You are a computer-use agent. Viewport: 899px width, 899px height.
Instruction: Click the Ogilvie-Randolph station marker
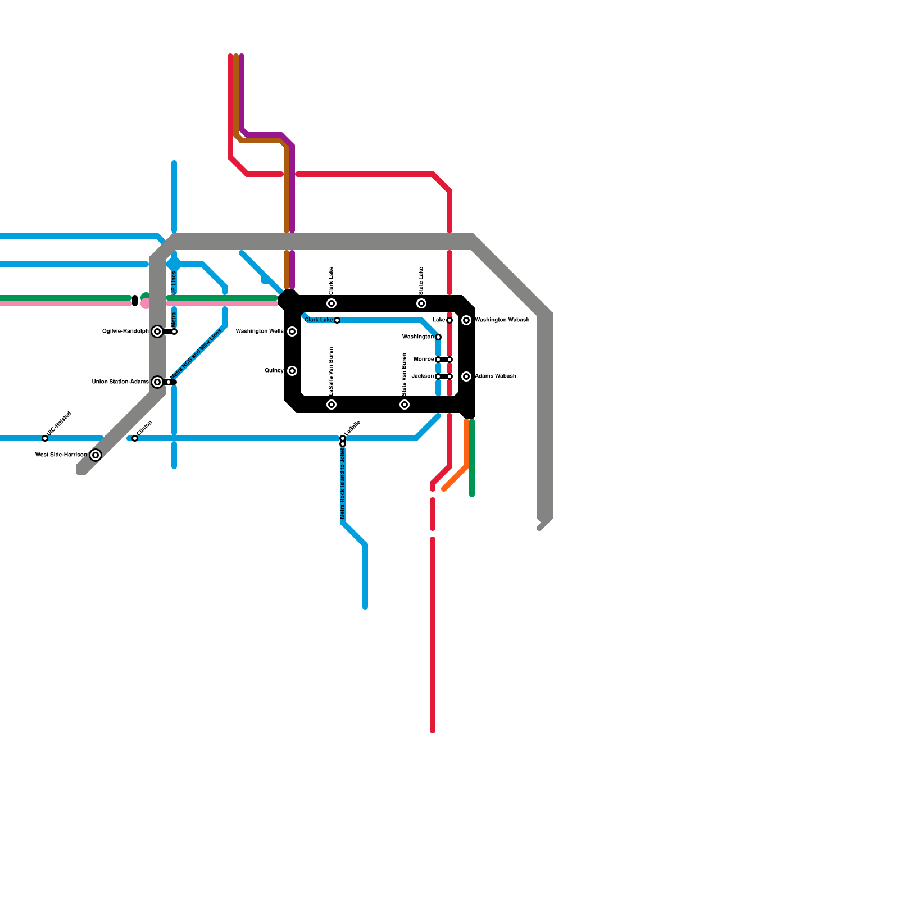157,332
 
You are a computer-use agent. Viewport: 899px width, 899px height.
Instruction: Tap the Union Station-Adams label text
120,382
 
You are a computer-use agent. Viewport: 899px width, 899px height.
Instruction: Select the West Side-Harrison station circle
96,455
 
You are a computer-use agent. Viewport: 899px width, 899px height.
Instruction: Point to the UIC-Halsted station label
59,424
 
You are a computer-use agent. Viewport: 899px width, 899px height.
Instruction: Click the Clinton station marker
135,438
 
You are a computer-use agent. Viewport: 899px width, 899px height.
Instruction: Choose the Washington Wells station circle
292,332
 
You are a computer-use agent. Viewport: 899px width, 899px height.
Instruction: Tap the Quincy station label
274,371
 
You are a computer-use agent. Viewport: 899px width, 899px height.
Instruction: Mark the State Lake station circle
421,303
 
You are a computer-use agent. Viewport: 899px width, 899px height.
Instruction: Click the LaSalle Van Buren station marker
332,405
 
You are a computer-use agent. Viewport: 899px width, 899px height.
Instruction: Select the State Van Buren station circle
405,405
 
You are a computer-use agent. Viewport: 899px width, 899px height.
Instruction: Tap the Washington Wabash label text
502,320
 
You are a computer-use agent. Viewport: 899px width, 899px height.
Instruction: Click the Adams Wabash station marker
466,376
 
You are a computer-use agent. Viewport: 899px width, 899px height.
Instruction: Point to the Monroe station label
424,360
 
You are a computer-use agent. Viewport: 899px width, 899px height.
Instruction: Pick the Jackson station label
423,376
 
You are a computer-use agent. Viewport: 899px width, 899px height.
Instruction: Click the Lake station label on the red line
439,320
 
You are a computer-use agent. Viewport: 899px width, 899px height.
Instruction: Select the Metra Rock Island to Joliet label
343,484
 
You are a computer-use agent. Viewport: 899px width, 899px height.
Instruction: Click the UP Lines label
174,283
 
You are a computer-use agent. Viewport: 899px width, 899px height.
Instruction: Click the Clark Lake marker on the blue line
337,320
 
